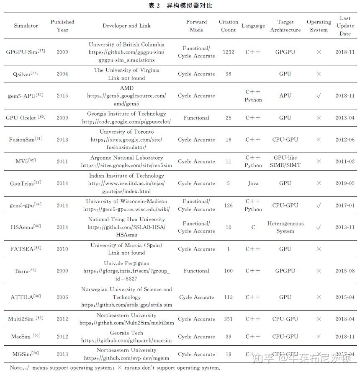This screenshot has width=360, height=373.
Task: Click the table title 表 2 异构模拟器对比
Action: pyautogui.click(x=180, y=5)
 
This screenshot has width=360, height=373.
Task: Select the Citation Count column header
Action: pyautogui.click(x=228, y=26)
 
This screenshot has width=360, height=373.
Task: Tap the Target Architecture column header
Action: pyautogui.click(x=285, y=26)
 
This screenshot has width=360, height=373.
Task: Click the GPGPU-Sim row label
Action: pyautogui.click(x=26, y=52)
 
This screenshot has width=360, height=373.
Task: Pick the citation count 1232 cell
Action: pyautogui.click(x=228, y=52)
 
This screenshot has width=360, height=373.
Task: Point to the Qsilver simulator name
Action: pyautogui.click(x=26, y=74)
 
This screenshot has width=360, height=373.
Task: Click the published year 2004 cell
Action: pyautogui.click(x=62, y=74)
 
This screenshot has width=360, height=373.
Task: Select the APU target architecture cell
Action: pyautogui.click(x=285, y=96)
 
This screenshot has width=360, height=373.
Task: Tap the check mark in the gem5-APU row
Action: pyautogui.click(x=319, y=96)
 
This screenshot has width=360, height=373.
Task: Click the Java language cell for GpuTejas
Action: pyautogui.click(x=253, y=183)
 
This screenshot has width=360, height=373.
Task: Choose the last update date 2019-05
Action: pyautogui.click(x=345, y=183)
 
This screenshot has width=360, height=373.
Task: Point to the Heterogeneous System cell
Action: pyautogui.click(x=285, y=227)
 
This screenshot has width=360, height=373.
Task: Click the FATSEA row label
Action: pyautogui.click(x=26, y=249)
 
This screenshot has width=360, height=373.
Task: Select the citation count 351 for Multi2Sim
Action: pyautogui.click(x=228, y=319)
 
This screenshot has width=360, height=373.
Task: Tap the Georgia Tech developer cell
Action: pyautogui.click(x=126, y=333)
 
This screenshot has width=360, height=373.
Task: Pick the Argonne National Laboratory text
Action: pyautogui.click(x=126, y=158)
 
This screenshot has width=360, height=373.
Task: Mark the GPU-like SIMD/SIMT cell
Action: pyautogui.click(x=285, y=161)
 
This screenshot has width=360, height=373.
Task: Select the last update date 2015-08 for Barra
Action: pyautogui.click(x=345, y=271)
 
